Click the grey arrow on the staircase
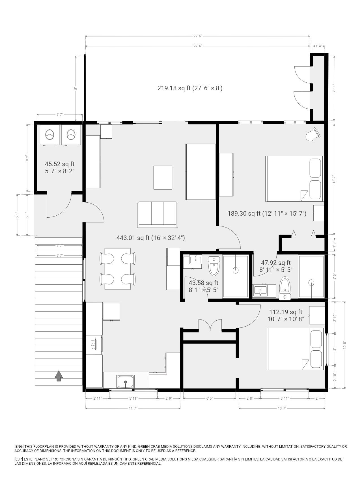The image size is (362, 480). click(x=59, y=376)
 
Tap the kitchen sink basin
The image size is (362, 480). click(x=126, y=382)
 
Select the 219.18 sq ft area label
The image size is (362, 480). click(x=190, y=88)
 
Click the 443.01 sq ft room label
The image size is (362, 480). click(x=151, y=238)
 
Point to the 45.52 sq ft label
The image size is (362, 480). click(x=60, y=164)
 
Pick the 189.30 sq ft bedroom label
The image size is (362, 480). click(x=267, y=213)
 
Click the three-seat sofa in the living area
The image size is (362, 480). click(x=158, y=215)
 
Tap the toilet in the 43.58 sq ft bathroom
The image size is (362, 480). click(x=214, y=266)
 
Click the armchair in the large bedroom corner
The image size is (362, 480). click(x=313, y=134)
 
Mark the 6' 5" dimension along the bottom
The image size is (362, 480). click(x=210, y=398)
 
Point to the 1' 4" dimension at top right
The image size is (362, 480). click(x=319, y=46)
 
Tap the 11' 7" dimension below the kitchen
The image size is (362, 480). click(x=133, y=408)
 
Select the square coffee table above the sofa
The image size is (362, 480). click(x=163, y=177)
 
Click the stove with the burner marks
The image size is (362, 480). click(x=94, y=345)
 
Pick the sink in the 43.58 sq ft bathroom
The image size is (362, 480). click(x=195, y=259)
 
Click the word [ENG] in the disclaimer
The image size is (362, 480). click(x=19, y=447)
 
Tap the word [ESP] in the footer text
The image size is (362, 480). click(x=19, y=459)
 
